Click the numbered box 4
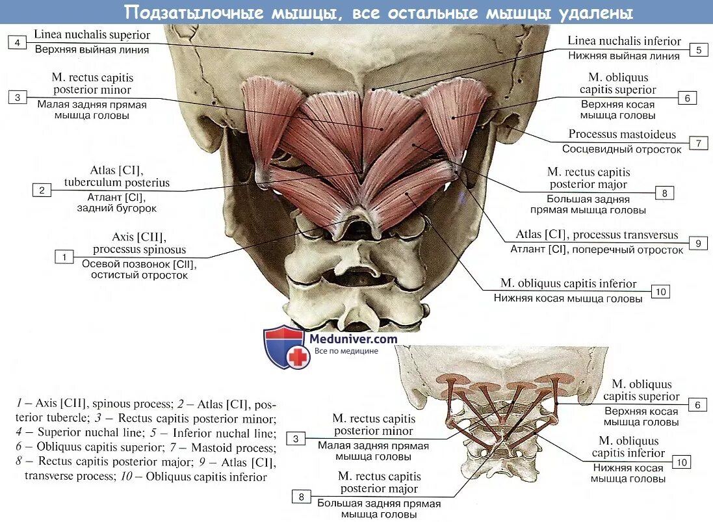18,43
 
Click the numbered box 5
699,50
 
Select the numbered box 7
698,143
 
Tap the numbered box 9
697,243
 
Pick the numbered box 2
42,190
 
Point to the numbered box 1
64,257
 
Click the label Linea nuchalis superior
92,35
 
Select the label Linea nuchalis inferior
624,41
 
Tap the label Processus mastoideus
622,135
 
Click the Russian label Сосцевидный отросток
622,149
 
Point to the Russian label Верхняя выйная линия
92,49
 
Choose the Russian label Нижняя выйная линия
624,56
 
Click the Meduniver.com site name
353,339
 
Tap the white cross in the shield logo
299,357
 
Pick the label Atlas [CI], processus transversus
597,235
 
